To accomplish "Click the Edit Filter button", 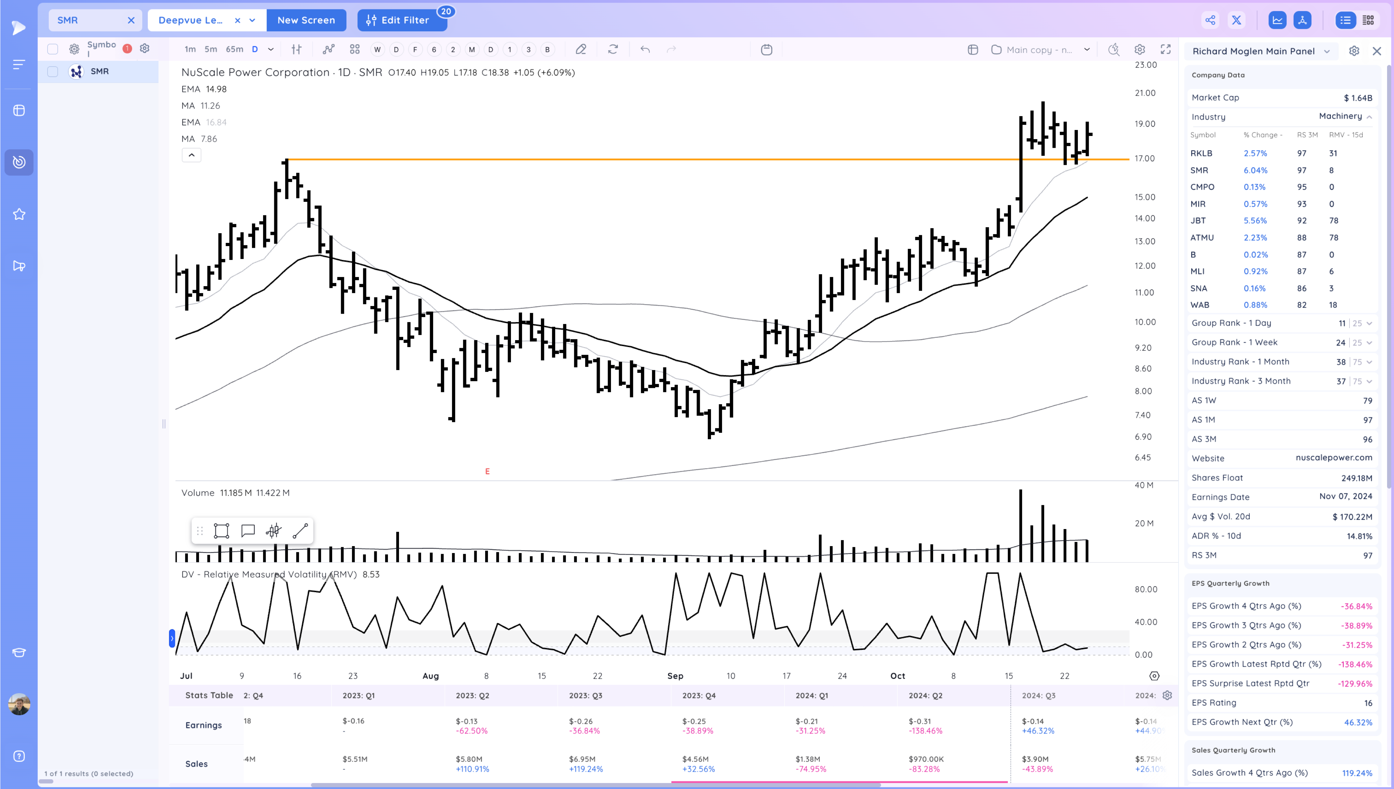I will [x=401, y=20].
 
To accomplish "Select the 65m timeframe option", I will [x=234, y=49].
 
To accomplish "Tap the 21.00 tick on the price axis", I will [x=1145, y=93].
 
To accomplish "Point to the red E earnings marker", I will [x=487, y=472].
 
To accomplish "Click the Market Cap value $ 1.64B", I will [x=1357, y=98].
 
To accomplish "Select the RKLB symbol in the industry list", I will [x=1201, y=153].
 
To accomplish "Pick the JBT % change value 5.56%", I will [x=1255, y=221].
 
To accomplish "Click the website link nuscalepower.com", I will [x=1333, y=458].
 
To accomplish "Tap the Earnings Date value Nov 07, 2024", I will [x=1345, y=496].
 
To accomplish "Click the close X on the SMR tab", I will [x=131, y=20].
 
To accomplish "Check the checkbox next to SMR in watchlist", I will [x=53, y=71].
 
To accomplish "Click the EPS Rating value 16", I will [x=1368, y=703].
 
